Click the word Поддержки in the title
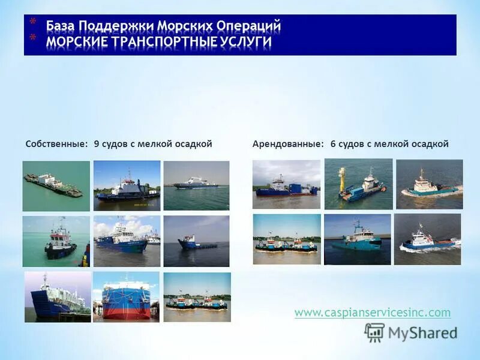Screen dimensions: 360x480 (119, 26)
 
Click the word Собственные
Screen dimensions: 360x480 (57, 144)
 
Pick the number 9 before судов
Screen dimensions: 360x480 (97, 144)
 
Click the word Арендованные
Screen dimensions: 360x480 (288, 144)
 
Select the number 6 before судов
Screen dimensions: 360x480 (333, 144)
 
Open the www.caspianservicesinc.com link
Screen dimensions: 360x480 (372, 313)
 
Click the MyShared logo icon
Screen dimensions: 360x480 (374, 332)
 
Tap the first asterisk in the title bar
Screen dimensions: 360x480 (33, 23)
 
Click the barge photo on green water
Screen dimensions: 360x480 (56, 185)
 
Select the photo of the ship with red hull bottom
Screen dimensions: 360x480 (126, 296)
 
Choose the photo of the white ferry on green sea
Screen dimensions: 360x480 (196, 185)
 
